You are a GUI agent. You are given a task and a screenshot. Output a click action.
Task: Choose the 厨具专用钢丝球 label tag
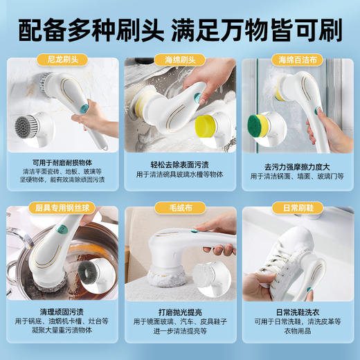61,207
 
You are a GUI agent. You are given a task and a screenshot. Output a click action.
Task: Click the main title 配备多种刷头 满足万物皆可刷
180,30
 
